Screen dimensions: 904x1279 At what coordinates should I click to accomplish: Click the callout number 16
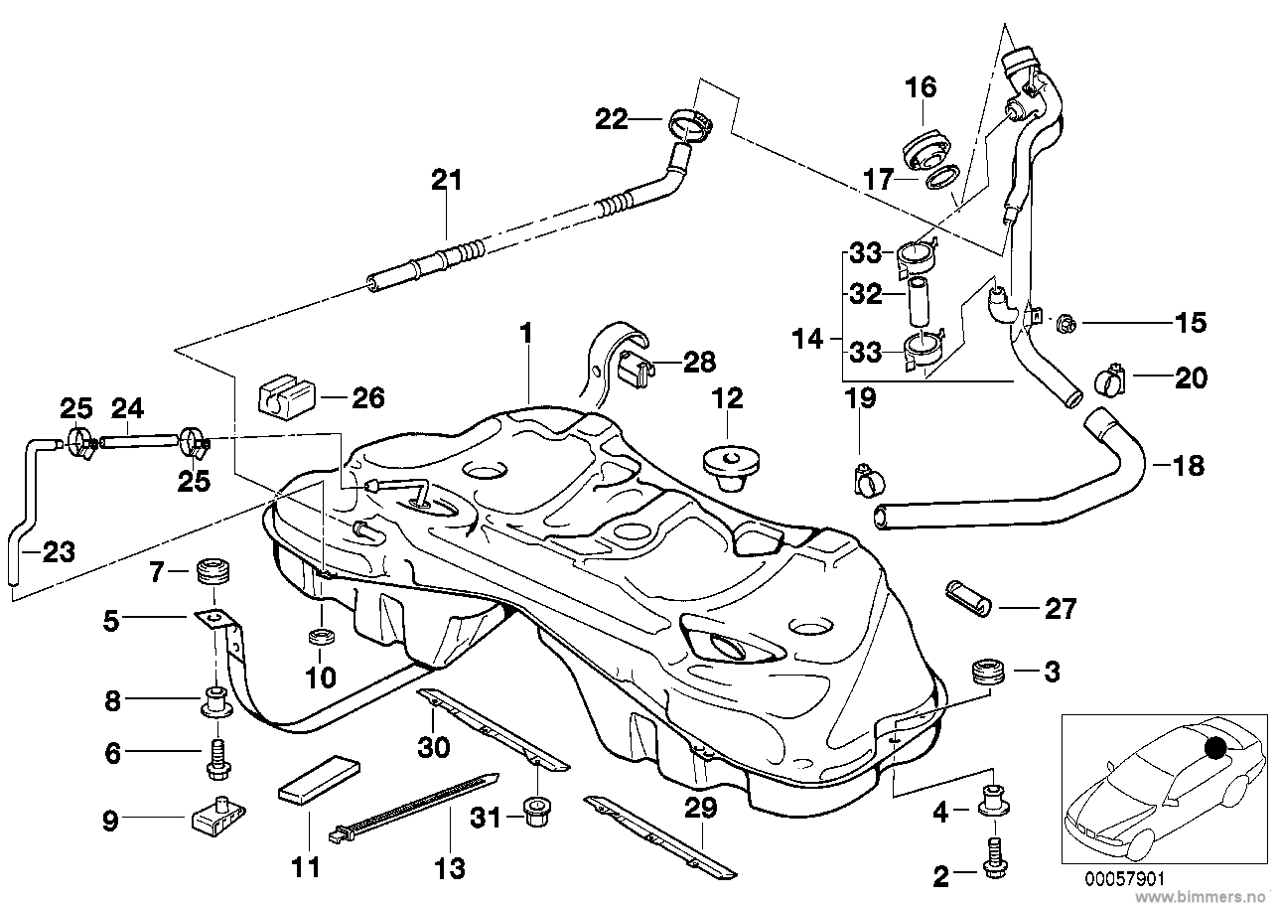(920, 87)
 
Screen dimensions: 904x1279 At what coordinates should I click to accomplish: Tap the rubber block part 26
(286, 397)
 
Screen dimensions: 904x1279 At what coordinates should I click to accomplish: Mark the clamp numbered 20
(1109, 378)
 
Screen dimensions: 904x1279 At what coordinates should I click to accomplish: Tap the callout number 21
(447, 182)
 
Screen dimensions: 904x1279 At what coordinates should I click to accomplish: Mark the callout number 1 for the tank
(526, 333)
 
